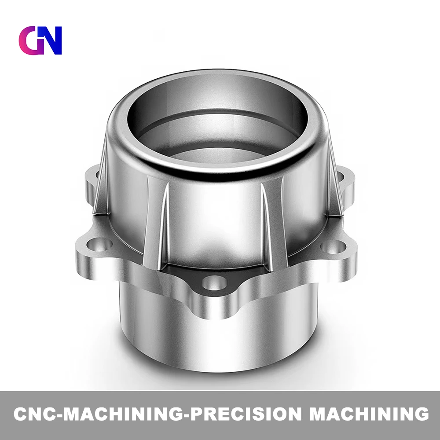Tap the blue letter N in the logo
tap(50, 40)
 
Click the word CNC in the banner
tap(35, 414)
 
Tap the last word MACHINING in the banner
tap(369, 414)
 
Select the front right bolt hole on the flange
tap(334, 247)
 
